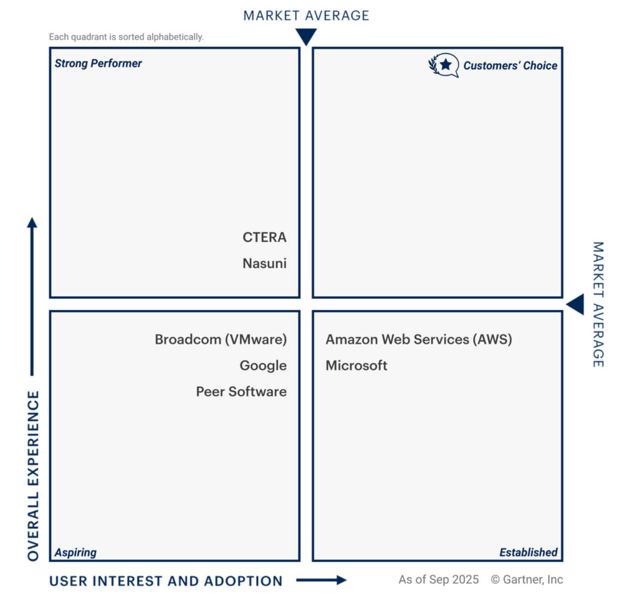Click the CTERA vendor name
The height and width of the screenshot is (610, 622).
point(264,237)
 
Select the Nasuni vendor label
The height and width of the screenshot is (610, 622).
point(264,264)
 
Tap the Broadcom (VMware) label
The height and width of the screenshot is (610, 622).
point(220,339)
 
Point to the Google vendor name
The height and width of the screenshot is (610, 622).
point(263,366)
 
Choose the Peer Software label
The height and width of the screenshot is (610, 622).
point(241,392)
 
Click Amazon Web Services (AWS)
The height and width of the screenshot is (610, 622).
point(419,339)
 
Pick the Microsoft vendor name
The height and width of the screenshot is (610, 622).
point(357,366)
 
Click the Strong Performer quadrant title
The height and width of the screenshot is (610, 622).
point(98,63)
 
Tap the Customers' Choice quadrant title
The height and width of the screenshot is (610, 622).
point(510,66)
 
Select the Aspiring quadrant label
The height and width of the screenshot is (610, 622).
point(75,552)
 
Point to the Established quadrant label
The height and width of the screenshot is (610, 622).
point(528,552)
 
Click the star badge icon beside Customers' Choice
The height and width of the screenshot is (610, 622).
point(445,65)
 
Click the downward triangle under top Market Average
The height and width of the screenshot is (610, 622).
point(306,37)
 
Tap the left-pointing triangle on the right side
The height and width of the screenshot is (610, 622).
point(575,304)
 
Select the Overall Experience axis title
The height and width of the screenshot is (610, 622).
point(34,476)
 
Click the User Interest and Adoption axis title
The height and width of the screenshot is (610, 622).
point(166,581)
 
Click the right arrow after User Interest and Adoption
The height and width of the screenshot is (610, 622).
point(321,580)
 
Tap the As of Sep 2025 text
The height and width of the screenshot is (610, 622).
point(439,580)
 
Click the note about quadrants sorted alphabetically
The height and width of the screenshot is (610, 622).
point(126,37)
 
